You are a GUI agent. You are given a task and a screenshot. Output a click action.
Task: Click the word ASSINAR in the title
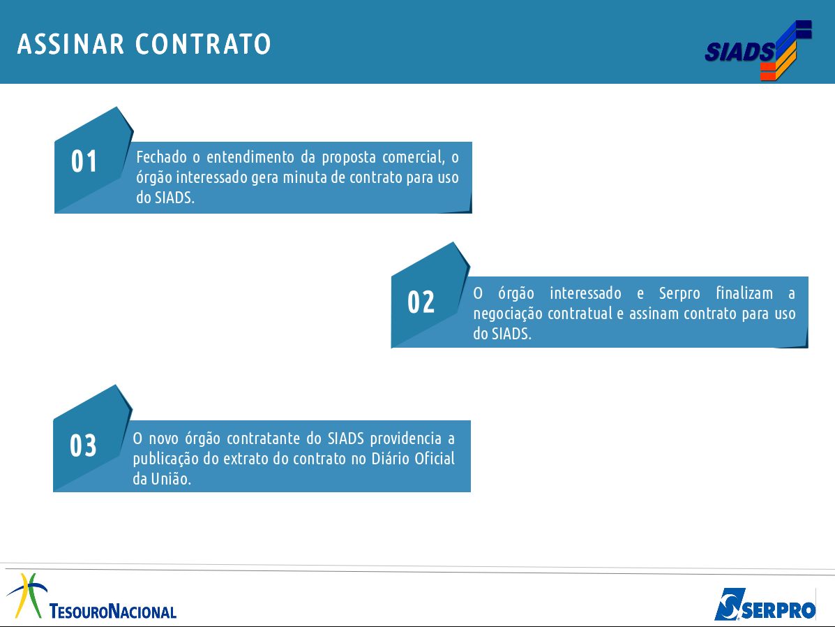click(x=71, y=44)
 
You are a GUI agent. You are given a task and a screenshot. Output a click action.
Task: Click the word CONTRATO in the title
click(x=204, y=44)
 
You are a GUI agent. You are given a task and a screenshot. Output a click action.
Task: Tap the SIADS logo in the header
click(x=758, y=50)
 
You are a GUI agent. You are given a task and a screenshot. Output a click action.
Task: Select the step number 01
click(x=84, y=161)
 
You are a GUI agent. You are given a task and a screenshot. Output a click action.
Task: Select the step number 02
click(x=421, y=302)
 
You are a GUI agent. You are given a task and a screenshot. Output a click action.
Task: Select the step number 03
click(x=83, y=445)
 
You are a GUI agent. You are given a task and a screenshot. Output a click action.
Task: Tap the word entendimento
click(x=250, y=157)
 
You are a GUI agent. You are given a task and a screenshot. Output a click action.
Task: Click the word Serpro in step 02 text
click(x=679, y=294)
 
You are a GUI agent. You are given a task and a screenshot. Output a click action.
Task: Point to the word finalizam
click(x=744, y=293)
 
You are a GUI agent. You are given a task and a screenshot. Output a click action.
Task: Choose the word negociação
click(x=508, y=314)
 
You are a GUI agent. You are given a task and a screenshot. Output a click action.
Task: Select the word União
click(x=170, y=479)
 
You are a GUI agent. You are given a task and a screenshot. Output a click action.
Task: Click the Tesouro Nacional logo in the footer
click(x=91, y=597)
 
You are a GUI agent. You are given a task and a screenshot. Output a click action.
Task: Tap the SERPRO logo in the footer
click(x=765, y=605)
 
